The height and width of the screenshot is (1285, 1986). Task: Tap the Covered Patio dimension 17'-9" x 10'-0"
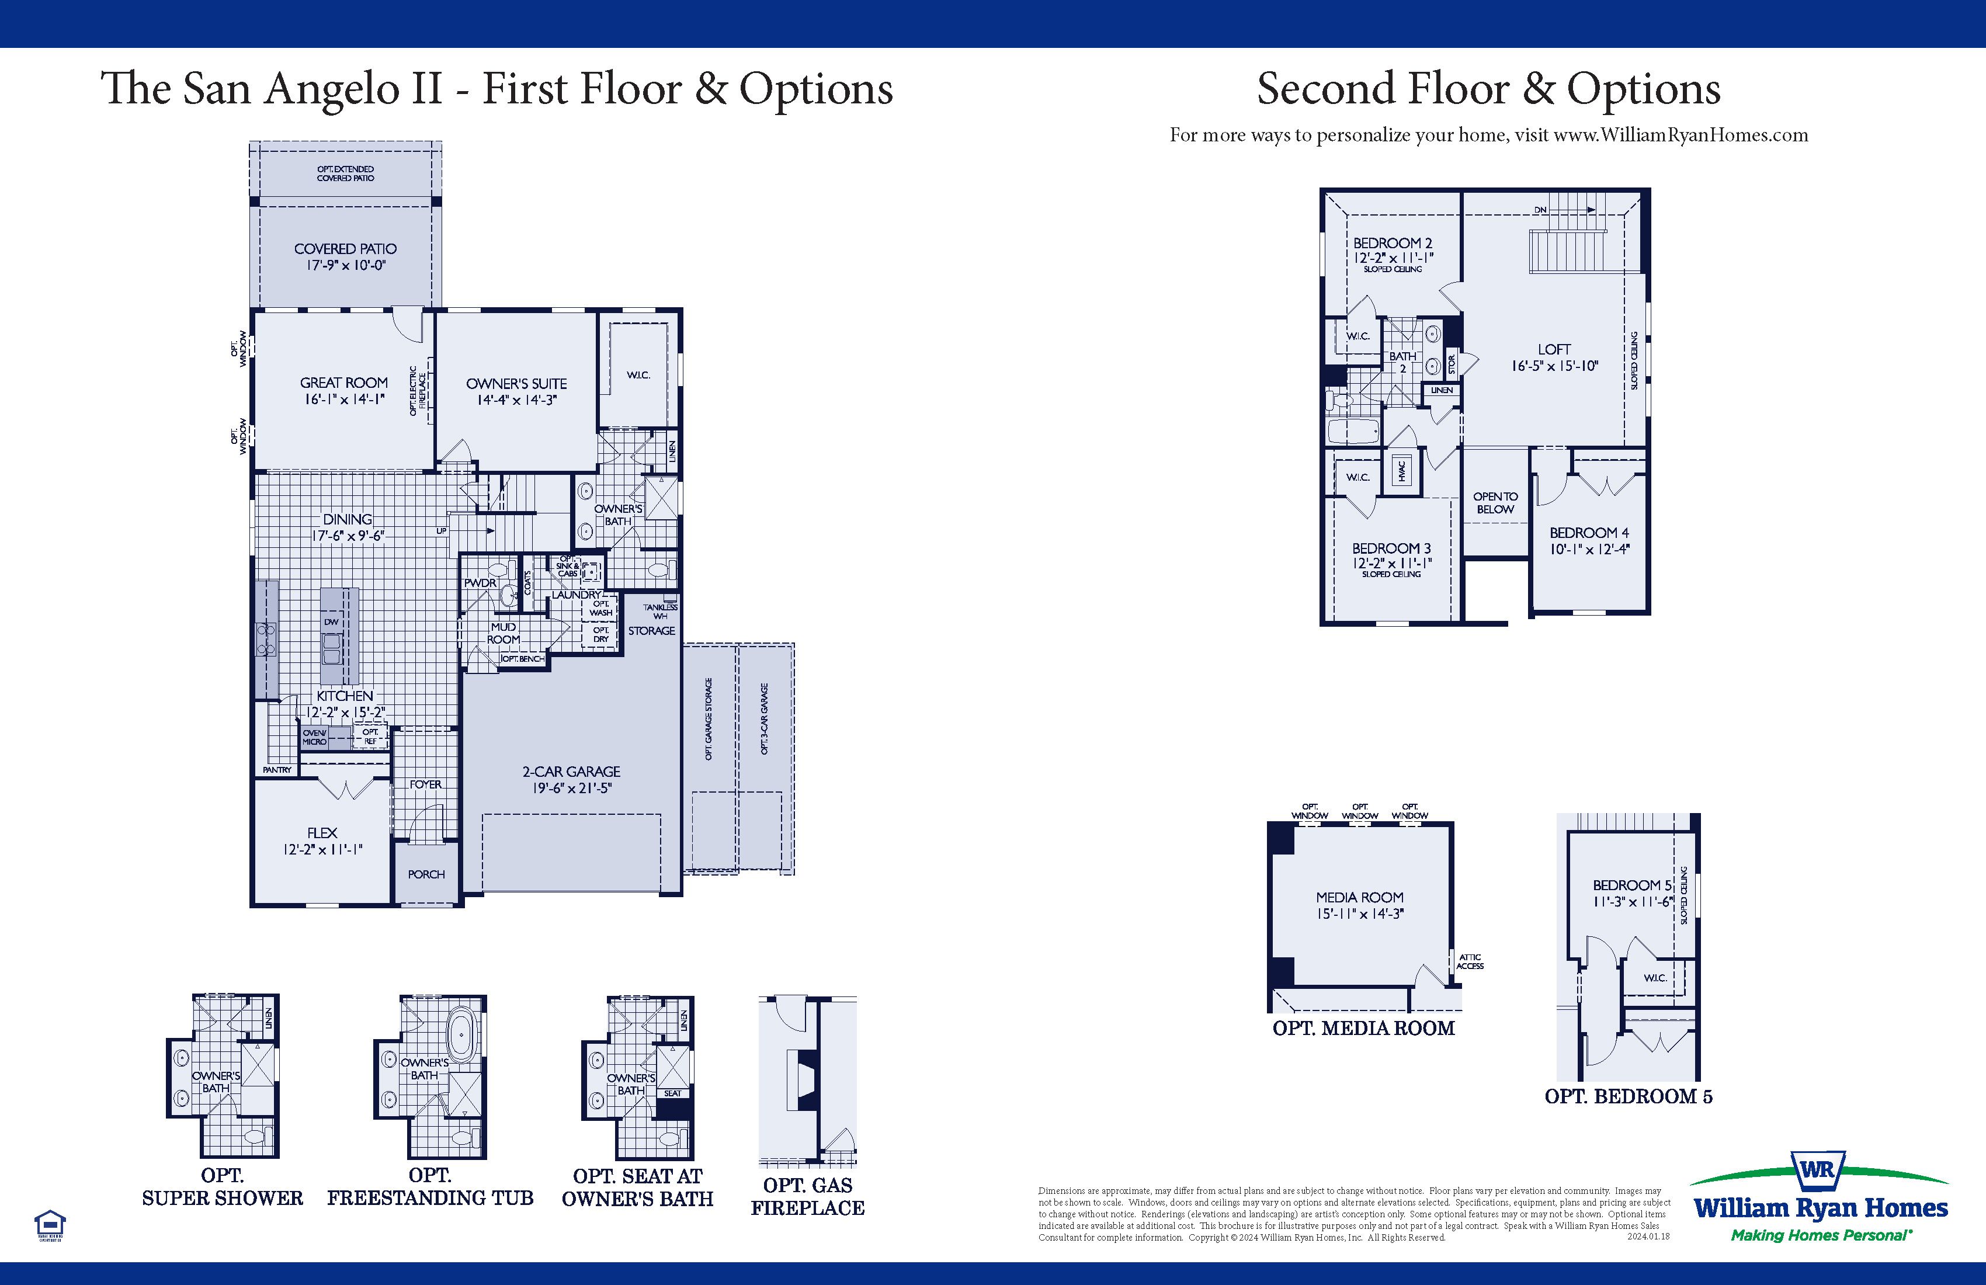pyautogui.click(x=345, y=265)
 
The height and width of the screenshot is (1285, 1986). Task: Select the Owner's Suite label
pyautogui.click(x=516, y=384)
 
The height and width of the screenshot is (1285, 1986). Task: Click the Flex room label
pyautogui.click(x=322, y=833)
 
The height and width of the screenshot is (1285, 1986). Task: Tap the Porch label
pyautogui.click(x=426, y=874)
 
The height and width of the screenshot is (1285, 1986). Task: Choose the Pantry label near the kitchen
pyautogui.click(x=277, y=769)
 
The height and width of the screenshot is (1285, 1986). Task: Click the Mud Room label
pyautogui.click(x=503, y=633)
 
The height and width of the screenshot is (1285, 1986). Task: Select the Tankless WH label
pyautogui.click(x=660, y=611)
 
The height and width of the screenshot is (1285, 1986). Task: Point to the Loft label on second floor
pyautogui.click(x=1554, y=350)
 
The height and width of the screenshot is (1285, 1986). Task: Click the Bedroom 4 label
pyautogui.click(x=1589, y=532)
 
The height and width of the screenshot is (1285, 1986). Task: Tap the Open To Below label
pyautogui.click(x=1495, y=502)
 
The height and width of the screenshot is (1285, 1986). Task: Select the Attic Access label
pyautogui.click(x=1470, y=961)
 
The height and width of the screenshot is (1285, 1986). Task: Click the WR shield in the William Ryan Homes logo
pyautogui.click(x=1817, y=1169)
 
